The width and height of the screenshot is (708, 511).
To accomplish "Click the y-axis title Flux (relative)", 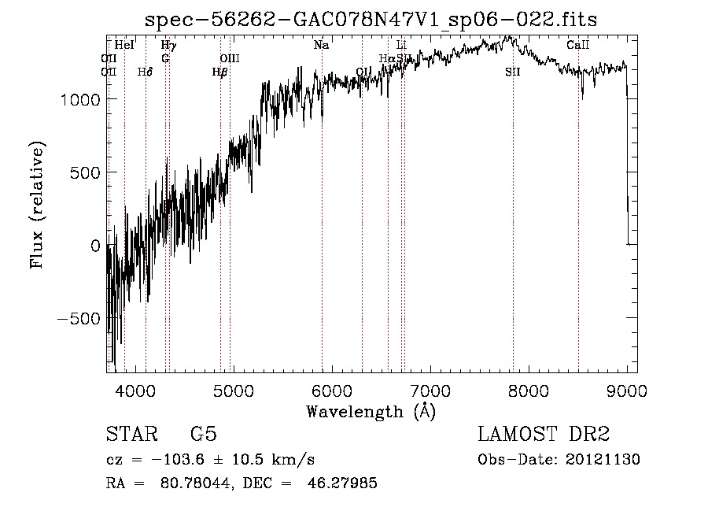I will point(38,205).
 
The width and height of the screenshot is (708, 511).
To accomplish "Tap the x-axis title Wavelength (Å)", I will point(371,411).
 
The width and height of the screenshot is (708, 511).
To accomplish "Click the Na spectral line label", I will point(321,46).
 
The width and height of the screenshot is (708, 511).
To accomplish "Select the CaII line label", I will point(578,46).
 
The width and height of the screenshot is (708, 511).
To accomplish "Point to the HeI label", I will point(124,46).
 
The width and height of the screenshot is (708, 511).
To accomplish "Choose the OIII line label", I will point(229,58).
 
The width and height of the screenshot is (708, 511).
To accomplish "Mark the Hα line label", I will point(386,58).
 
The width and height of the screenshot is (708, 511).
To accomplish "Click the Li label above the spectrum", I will point(401,46).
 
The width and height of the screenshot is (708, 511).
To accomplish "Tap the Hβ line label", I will point(219,72).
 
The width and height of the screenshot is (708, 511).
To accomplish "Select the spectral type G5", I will point(203,435).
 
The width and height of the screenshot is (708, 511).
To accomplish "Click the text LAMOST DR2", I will point(544,435).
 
